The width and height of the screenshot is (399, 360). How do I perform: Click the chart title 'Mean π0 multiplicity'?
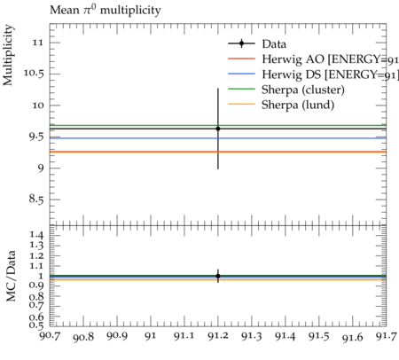(106, 10)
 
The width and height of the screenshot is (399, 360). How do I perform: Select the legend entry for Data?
(257, 43)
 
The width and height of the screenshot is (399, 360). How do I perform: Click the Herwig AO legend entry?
(313, 59)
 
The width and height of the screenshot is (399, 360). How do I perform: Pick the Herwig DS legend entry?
(313, 74)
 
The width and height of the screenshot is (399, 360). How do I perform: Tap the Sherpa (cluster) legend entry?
(286, 90)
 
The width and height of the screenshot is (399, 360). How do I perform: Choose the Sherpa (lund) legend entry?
(281, 105)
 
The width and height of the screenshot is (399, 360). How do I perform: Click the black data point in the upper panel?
(218, 129)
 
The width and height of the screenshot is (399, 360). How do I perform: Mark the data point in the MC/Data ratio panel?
(218, 276)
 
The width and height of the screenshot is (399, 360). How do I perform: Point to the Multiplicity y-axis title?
(8, 55)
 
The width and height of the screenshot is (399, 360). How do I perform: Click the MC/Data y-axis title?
(11, 276)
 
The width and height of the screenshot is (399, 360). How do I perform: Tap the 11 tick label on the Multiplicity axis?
(38, 43)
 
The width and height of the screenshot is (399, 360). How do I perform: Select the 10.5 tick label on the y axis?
(34, 73)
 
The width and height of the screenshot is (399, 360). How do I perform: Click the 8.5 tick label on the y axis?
(36, 199)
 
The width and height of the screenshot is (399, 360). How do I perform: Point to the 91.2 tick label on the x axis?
(218, 336)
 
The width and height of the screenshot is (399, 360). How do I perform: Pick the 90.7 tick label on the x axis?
(51, 336)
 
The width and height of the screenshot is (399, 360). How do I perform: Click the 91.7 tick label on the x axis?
(386, 337)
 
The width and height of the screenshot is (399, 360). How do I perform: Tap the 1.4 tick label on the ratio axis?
(36, 235)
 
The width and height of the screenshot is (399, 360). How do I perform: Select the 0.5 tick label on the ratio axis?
(36, 325)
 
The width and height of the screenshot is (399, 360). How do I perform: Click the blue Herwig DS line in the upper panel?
(218, 138)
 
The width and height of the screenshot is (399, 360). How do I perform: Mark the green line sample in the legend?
(241, 89)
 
